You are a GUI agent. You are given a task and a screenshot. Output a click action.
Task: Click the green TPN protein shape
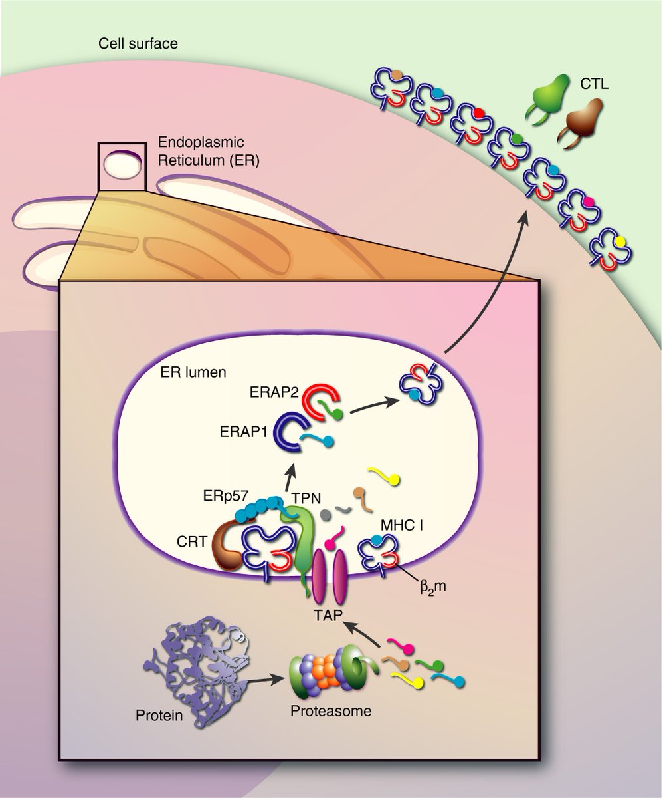tap(302, 539)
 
